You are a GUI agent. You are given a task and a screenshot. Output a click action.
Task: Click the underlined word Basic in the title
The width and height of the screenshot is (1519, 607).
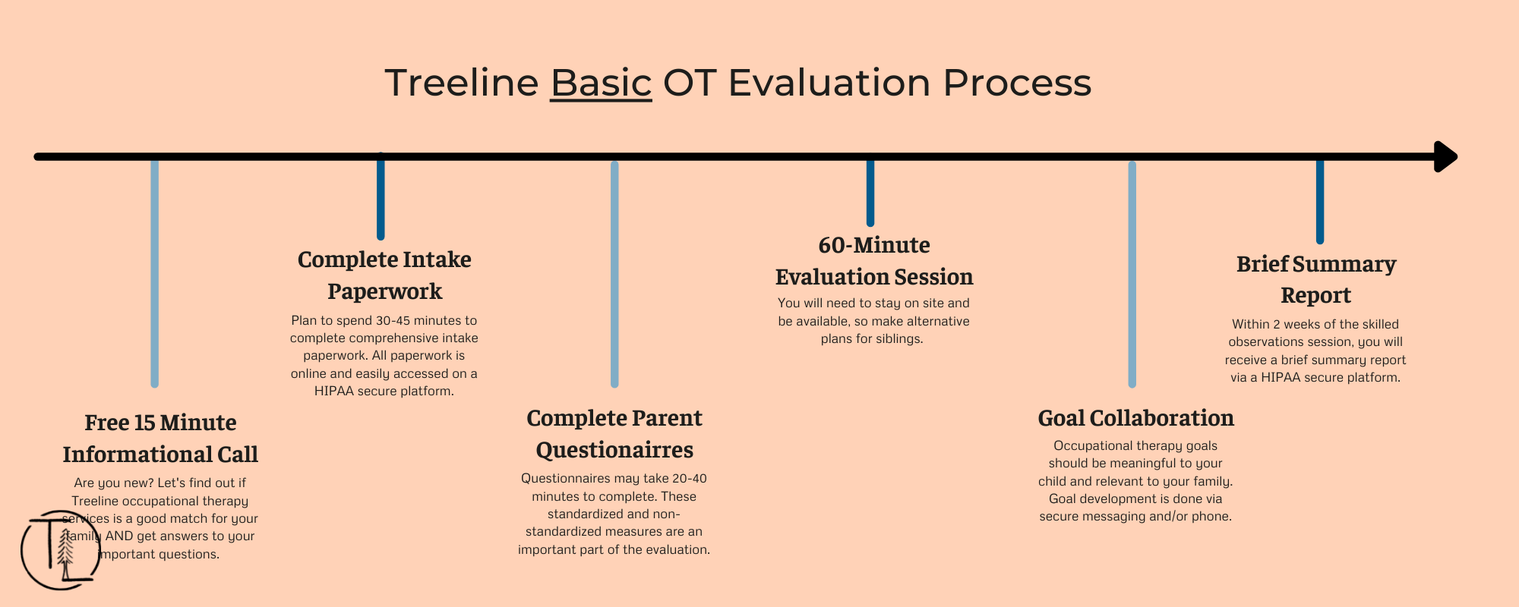(x=601, y=83)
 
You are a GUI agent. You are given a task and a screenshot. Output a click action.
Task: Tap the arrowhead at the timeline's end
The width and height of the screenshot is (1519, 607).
(x=1445, y=157)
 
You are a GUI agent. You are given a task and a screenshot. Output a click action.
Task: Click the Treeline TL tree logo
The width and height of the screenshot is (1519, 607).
(x=60, y=550)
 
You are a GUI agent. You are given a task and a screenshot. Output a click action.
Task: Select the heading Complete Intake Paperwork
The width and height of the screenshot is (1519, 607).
(x=384, y=275)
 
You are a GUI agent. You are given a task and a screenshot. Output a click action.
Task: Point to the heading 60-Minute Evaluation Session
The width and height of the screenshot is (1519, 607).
(x=874, y=261)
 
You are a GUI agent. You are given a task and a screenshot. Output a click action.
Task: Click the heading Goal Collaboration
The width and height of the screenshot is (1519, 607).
(x=1135, y=418)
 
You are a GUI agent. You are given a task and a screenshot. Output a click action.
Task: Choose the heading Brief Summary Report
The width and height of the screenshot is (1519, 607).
(x=1316, y=279)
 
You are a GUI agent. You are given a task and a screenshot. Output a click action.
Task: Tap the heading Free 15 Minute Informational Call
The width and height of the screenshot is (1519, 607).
(x=160, y=439)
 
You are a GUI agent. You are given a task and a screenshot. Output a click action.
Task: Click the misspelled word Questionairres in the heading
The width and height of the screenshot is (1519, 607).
(x=614, y=450)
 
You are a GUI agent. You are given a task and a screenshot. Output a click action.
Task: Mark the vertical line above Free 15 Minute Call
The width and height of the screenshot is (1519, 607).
(x=155, y=273)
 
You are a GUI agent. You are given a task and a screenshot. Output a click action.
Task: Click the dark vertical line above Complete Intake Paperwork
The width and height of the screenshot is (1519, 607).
(x=381, y=196)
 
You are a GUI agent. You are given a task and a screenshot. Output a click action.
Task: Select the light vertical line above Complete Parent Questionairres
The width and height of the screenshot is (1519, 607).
(x=614, y=274)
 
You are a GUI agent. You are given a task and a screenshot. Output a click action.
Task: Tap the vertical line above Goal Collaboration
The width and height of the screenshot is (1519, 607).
(x=1132, y=274)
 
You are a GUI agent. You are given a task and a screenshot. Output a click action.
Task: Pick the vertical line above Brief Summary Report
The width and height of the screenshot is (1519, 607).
(x=1320, y=201)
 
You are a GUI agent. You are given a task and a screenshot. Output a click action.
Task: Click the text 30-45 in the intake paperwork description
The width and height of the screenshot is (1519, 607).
(x=393, y=321)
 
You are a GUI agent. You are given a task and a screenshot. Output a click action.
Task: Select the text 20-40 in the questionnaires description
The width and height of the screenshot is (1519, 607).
(x=690, y=479)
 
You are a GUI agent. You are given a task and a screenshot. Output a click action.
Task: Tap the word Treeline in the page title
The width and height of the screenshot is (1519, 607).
(x=462, y=83)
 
